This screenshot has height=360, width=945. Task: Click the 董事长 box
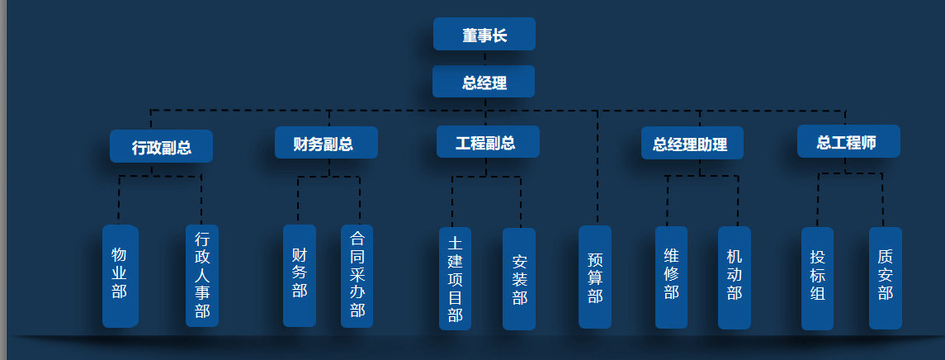pyautogui.click(x=484, y=35)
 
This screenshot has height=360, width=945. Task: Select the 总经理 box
pyautogui.click(x=484, y=82)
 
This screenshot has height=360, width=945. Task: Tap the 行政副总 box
pyautogui.click(x=162, y=147)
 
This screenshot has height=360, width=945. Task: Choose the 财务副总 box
pyautogui.click(x=326, y=143)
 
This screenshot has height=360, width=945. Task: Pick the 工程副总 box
pyautogui.click(x=488, y=142)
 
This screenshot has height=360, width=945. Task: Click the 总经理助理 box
pyautogui.click(x=692, y=144)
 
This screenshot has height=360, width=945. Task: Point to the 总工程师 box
pyautogui.click(x=848, y=142)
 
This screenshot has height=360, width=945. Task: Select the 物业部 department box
pyautogui.click(x=119, y=276)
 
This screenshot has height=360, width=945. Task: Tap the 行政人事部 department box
pyautogui.click(x=202, y=276)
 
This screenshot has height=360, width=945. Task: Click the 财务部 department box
pyautogui.click(x=300, y=275)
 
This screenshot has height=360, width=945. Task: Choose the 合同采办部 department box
pyautogui.click(x=357, y=275)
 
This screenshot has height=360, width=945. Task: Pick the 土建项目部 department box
pyautogui.click(x=455, y=278)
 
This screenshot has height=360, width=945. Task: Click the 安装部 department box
pyautogui.click(x=519, y=278)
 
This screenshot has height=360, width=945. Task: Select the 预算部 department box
pyautogui.click(x=595, y=277)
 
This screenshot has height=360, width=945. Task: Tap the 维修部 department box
pyautogui.click(x=671, y=277)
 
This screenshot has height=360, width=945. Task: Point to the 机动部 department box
pyautogui.click(x=735, y=277)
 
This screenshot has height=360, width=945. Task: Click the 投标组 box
pyautogui.click(x=818, y=278)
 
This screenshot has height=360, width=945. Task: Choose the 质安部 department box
pyautogui.click(x=886, y=278)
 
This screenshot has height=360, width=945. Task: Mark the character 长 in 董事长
pyautogui.click(x=500, y=36)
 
